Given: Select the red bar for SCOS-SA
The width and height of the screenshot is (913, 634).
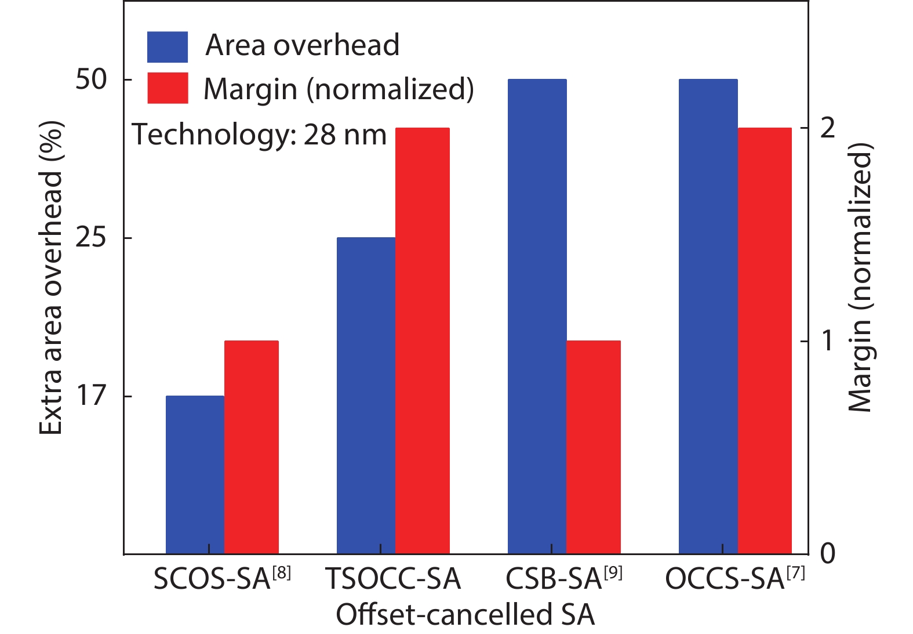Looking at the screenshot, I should click(x=252, y=447).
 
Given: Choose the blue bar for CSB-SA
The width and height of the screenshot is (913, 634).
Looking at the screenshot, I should click(x=537, y=316).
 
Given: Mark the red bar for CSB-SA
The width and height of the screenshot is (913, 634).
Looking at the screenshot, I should click(x=594, y=447).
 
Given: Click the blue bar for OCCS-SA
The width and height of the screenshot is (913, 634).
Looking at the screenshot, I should click(x=708, y=316).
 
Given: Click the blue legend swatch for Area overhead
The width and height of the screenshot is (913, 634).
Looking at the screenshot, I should click(x=168, y=47).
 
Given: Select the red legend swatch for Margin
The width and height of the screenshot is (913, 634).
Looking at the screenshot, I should click(x=168, y=88).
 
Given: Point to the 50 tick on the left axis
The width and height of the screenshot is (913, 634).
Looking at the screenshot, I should click(x=92, y=79).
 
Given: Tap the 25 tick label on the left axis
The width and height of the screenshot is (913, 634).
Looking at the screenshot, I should click(x=92, y=238).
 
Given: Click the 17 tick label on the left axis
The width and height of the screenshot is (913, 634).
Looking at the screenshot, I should click(x=92, y=396).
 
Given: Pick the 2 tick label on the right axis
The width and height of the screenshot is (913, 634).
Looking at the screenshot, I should click(x=828, y=128).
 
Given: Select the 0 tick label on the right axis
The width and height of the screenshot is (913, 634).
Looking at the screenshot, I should click(x=828, y=554).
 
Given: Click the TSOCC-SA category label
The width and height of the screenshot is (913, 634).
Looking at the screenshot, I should click(x=393, y=579).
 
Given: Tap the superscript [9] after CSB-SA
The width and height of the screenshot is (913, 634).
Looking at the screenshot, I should click(x=613, y=573).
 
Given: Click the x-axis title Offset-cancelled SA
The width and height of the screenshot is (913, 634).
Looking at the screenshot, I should click(x=465, y=615).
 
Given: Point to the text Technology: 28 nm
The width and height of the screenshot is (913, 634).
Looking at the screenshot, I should click(x=260, y=135).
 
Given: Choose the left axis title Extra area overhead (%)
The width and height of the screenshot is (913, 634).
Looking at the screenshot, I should click(x=51, y=278).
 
